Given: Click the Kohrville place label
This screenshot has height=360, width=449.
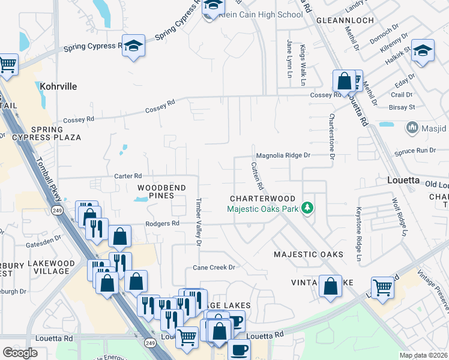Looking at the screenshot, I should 58,86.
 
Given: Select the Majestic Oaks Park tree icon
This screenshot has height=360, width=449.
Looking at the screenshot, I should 308,208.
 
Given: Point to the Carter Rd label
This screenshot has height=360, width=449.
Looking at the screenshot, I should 128,176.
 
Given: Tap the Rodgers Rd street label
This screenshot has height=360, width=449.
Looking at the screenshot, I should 162,223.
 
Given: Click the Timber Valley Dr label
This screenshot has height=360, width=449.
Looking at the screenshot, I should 198,221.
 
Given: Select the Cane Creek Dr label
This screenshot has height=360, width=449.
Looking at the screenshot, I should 213,267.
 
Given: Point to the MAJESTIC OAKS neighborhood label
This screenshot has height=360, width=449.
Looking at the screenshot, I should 309,254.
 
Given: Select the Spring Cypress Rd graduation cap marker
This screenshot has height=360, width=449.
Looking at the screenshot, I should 134,46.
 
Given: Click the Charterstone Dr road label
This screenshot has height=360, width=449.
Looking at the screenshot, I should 331,136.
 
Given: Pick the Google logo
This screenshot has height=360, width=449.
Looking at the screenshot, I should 20,353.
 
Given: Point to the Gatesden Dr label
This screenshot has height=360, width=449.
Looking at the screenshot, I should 44,238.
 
